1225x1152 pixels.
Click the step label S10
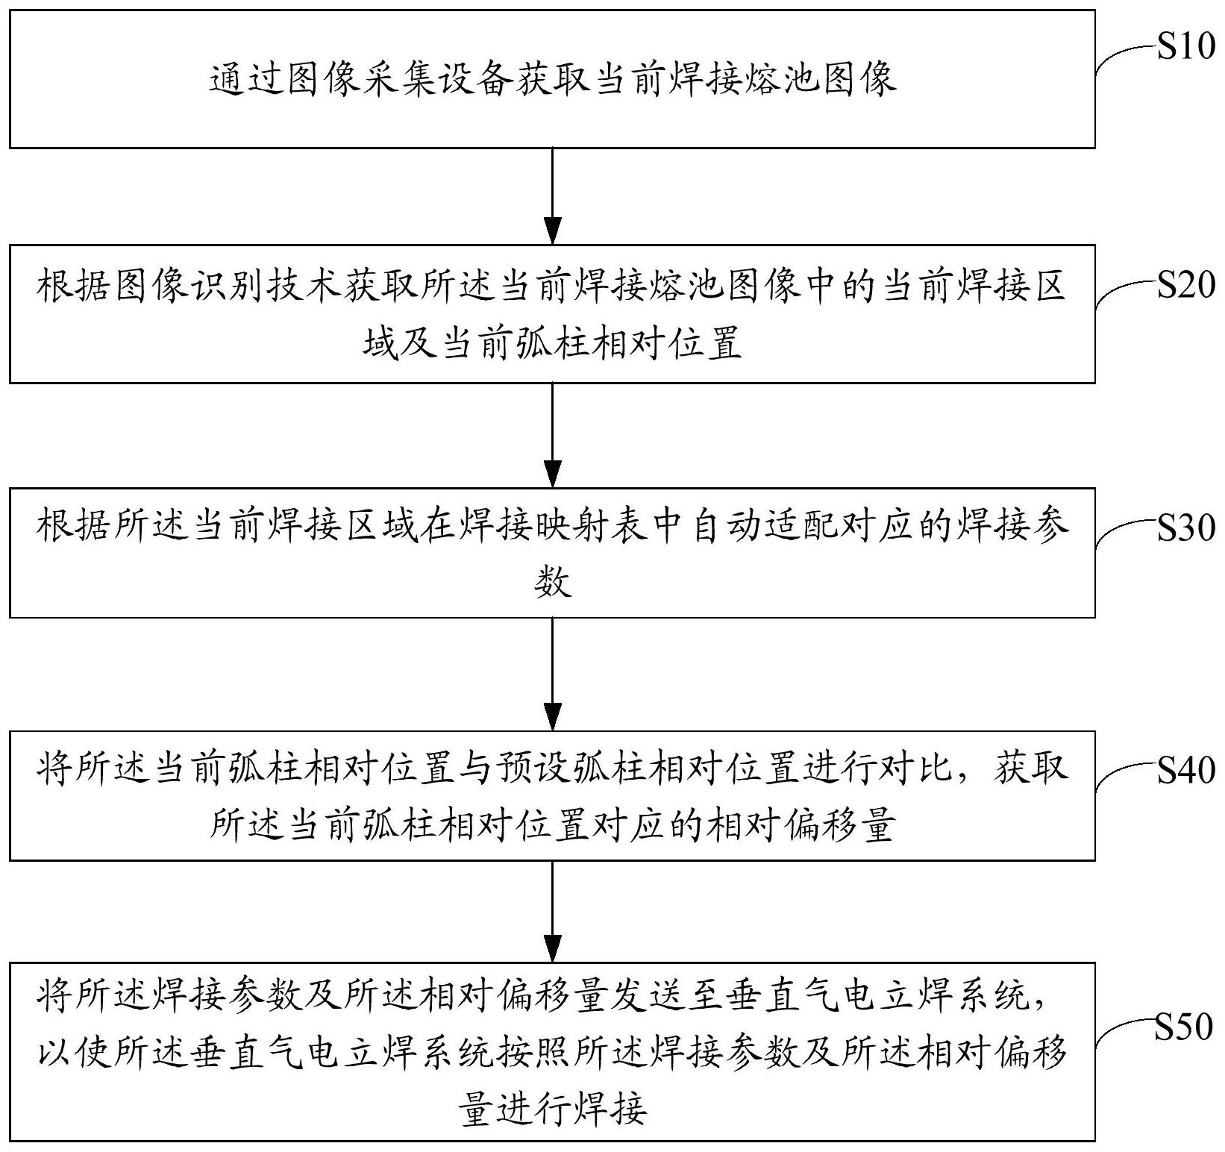(x=1185, y=48)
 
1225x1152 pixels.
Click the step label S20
(x=1185, y=284)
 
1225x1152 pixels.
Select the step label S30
(x=1185, y=528)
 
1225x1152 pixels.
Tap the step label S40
(x=1185, y=771)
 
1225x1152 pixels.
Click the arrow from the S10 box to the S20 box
(x=552, y=195)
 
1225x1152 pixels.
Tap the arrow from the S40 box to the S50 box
(x=552, y=911)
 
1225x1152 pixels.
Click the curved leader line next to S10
(x=1123, y=58)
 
